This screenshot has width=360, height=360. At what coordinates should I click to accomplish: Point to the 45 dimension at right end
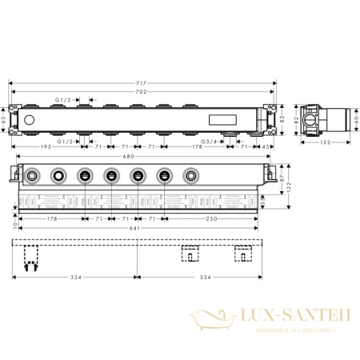coord(264,148)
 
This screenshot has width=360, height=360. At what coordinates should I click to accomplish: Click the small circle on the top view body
coord(30,121)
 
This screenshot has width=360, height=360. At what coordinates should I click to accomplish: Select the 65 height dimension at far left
coord(4,121)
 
